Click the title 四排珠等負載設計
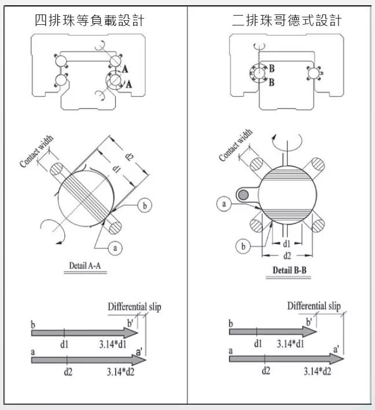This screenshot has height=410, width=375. (x=90, y=20)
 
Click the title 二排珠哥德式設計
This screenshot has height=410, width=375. (x=287, y=20)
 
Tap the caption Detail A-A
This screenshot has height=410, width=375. (x=85, y=265)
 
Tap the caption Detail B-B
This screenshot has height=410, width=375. (x=289, y=270)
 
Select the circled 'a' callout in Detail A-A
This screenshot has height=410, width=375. (x=115, y=248)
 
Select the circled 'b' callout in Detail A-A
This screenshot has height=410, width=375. (x=145, y=205)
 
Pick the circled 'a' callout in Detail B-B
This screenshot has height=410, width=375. (x=224, y=204)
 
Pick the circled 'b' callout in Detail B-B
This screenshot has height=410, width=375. (x=243, y=246)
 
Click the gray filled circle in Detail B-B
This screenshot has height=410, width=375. (x=244, y=195)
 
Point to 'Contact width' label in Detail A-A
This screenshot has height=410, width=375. (x=36, y=151)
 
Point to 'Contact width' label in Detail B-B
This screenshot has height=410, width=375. (x=236, y=145)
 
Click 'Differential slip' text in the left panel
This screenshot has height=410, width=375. (x=134, y=306)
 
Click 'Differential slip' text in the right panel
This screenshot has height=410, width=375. (x=314, y=305)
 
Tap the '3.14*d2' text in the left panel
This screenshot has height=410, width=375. (x=120, y=371)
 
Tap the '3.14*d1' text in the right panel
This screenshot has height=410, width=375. (x=291, y=343)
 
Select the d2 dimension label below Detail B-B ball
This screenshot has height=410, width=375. (x=287, y=256)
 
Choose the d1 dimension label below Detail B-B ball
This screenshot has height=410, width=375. (x=286, y=243)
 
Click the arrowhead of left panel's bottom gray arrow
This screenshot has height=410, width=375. (x=139, y=360)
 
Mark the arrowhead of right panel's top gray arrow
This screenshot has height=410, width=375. (x=310, y=332)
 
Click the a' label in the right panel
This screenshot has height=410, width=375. (x=336, y=349)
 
